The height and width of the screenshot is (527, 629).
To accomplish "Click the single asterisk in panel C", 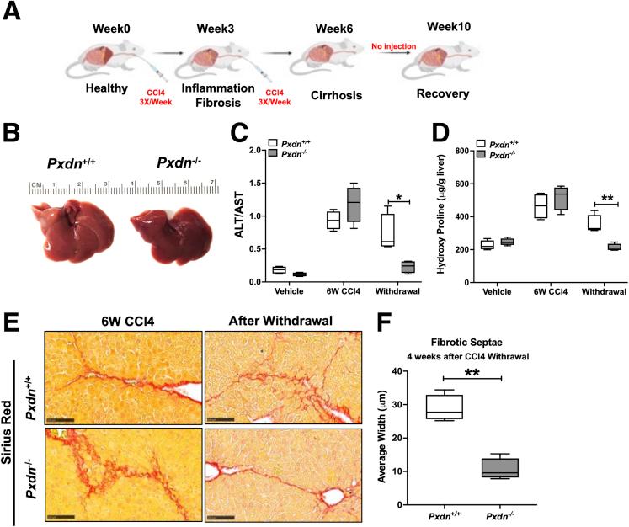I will [397, 197].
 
